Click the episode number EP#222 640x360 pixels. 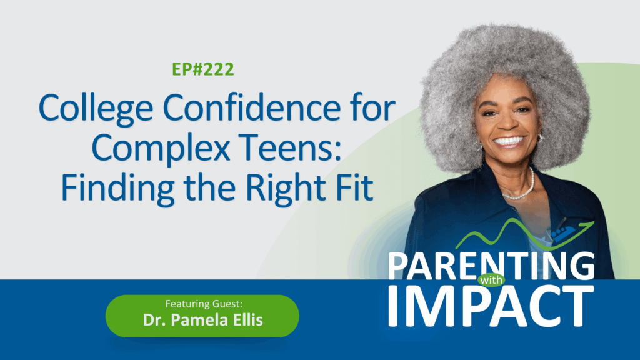(x=203, y=69)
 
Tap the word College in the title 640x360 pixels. (x=96, y=108)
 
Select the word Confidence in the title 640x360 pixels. (x=251, y=107)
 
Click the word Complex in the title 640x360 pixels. (x=161, y=147)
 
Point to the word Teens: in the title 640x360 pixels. (x=290, y=147)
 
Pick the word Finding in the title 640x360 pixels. (x=117, y=187)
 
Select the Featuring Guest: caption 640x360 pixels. (x=204, y=304)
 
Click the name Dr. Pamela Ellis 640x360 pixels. (x=203, y=320)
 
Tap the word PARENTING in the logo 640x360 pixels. (x=491, y=266)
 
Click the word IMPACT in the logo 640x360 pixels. (x=491, y=306)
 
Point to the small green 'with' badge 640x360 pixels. (x=491, y=281)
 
